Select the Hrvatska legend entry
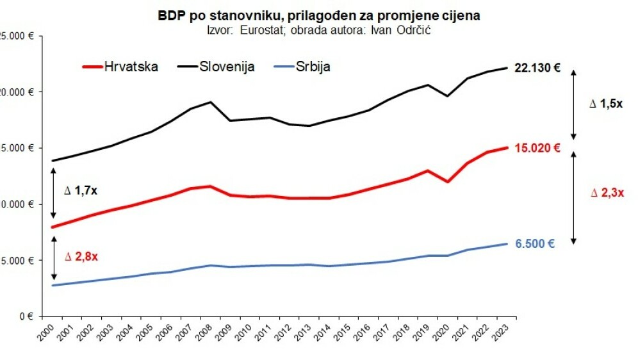(x=122, y=67)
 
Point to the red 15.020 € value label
(x=537, y=148)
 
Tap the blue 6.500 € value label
(x=535, y=243)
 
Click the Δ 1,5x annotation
(x=606, y=102)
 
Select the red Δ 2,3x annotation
(x=606, y=192)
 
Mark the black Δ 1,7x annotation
(x=81, y=190)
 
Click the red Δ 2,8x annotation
(x=81, y=257)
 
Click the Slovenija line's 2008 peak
(x=210, y=102)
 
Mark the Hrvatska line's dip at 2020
(x=446, y=181)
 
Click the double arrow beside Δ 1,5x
(x=574, y=104)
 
